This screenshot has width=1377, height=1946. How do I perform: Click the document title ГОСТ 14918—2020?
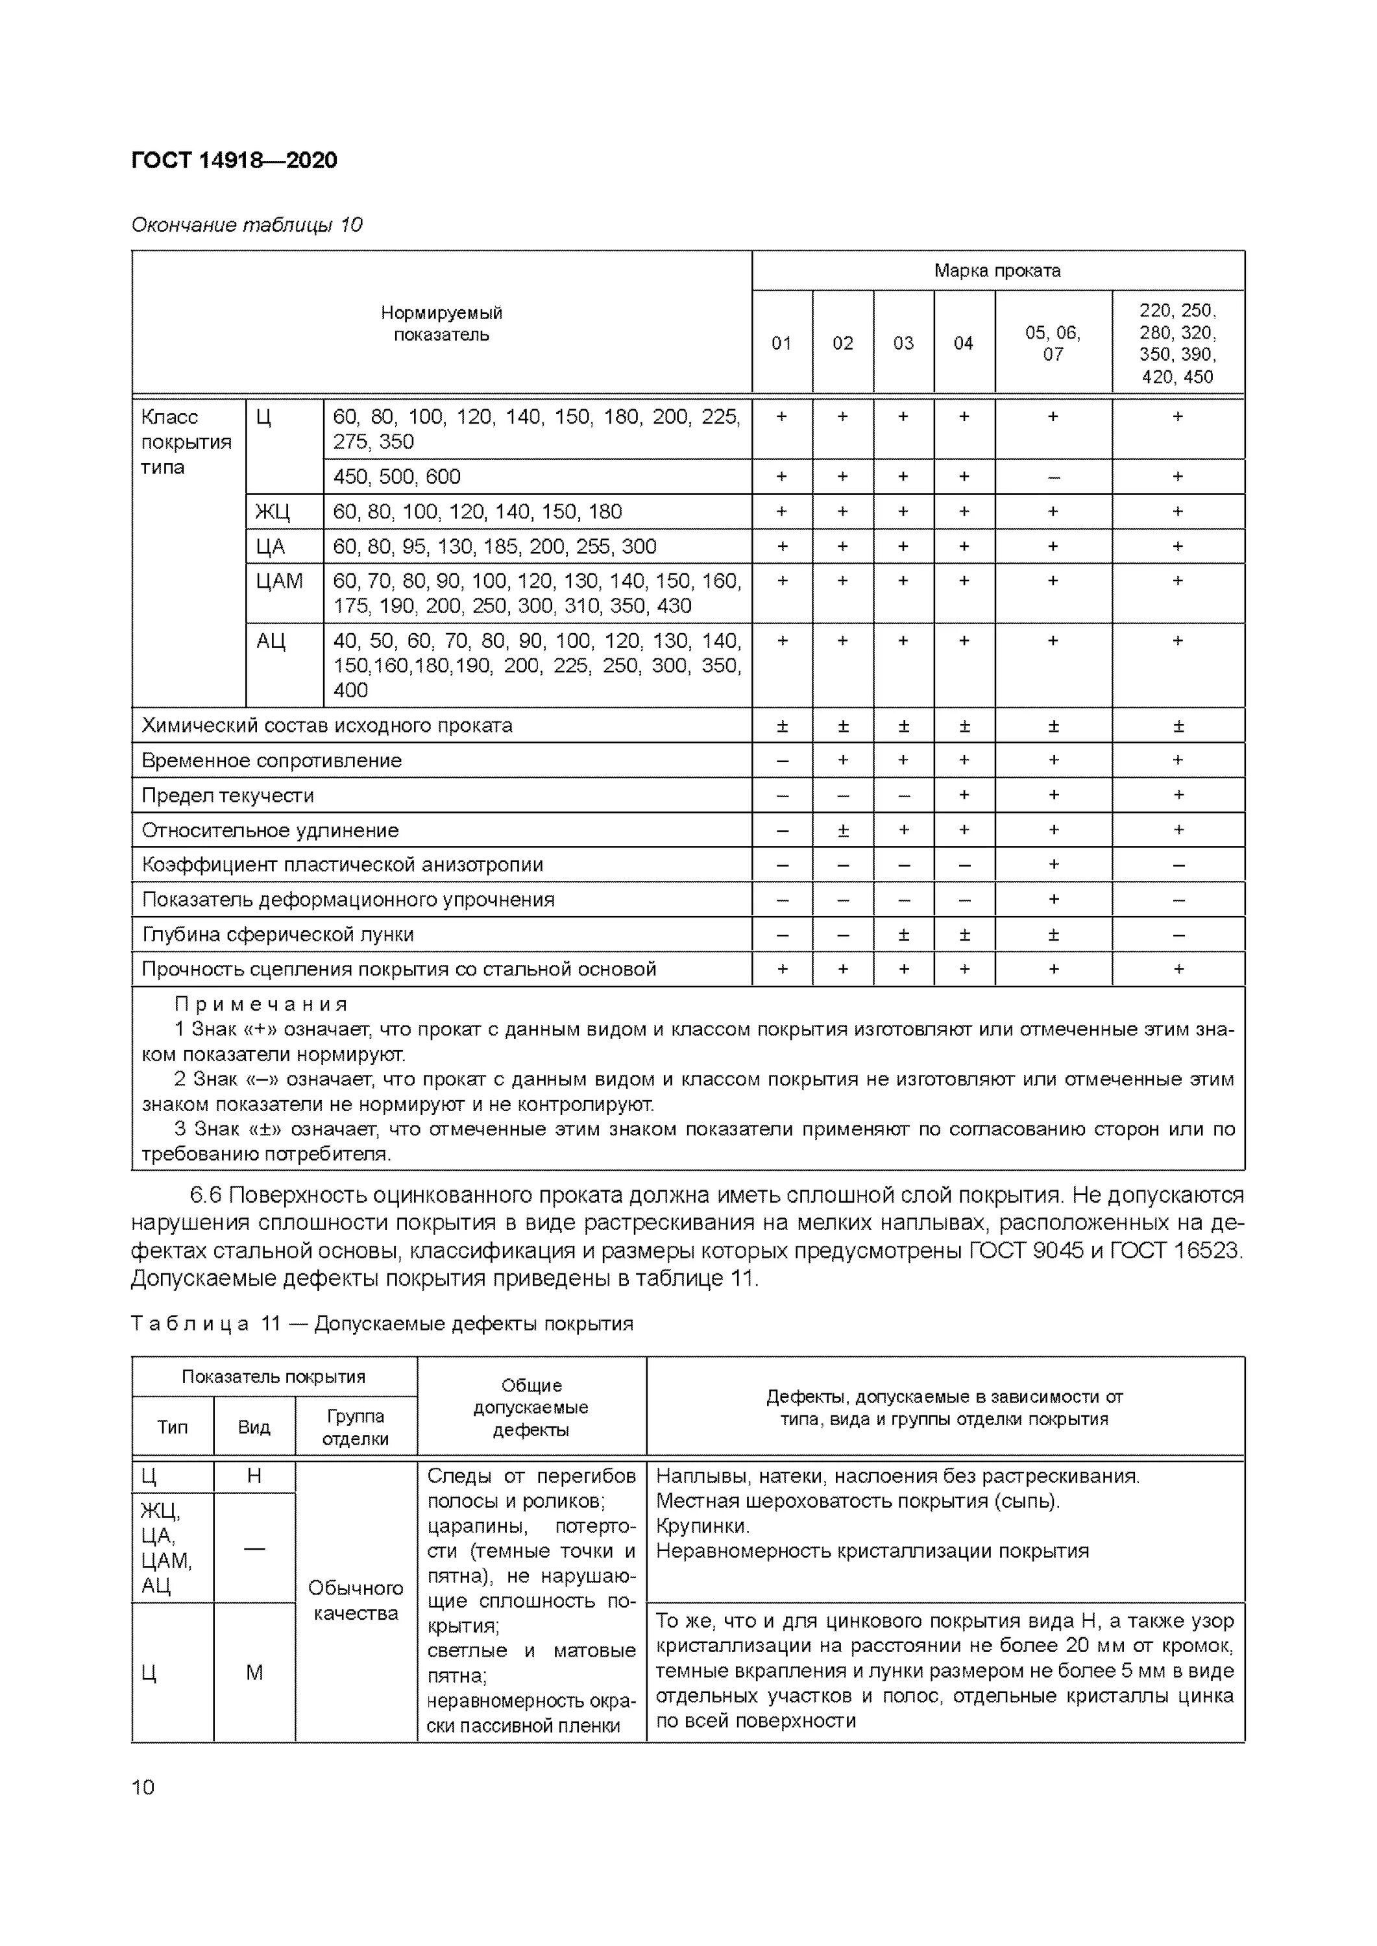234,160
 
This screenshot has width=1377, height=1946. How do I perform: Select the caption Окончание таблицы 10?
247,224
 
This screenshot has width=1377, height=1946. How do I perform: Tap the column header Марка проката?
997,270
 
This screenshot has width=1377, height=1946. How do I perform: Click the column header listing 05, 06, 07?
1053,343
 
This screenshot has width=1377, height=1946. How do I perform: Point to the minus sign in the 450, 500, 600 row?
1053,477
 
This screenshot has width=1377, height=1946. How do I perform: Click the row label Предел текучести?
227,796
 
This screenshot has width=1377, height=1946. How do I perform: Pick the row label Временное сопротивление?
271,761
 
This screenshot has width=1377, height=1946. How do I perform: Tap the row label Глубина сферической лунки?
277,935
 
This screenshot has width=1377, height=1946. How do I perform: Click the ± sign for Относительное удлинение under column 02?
843,830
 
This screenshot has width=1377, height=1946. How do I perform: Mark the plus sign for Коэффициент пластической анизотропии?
1053,865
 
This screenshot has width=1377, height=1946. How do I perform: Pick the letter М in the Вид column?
254,1672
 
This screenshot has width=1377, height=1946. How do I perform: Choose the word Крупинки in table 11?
702,1526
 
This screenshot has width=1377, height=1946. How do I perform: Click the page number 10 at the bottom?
143,1788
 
